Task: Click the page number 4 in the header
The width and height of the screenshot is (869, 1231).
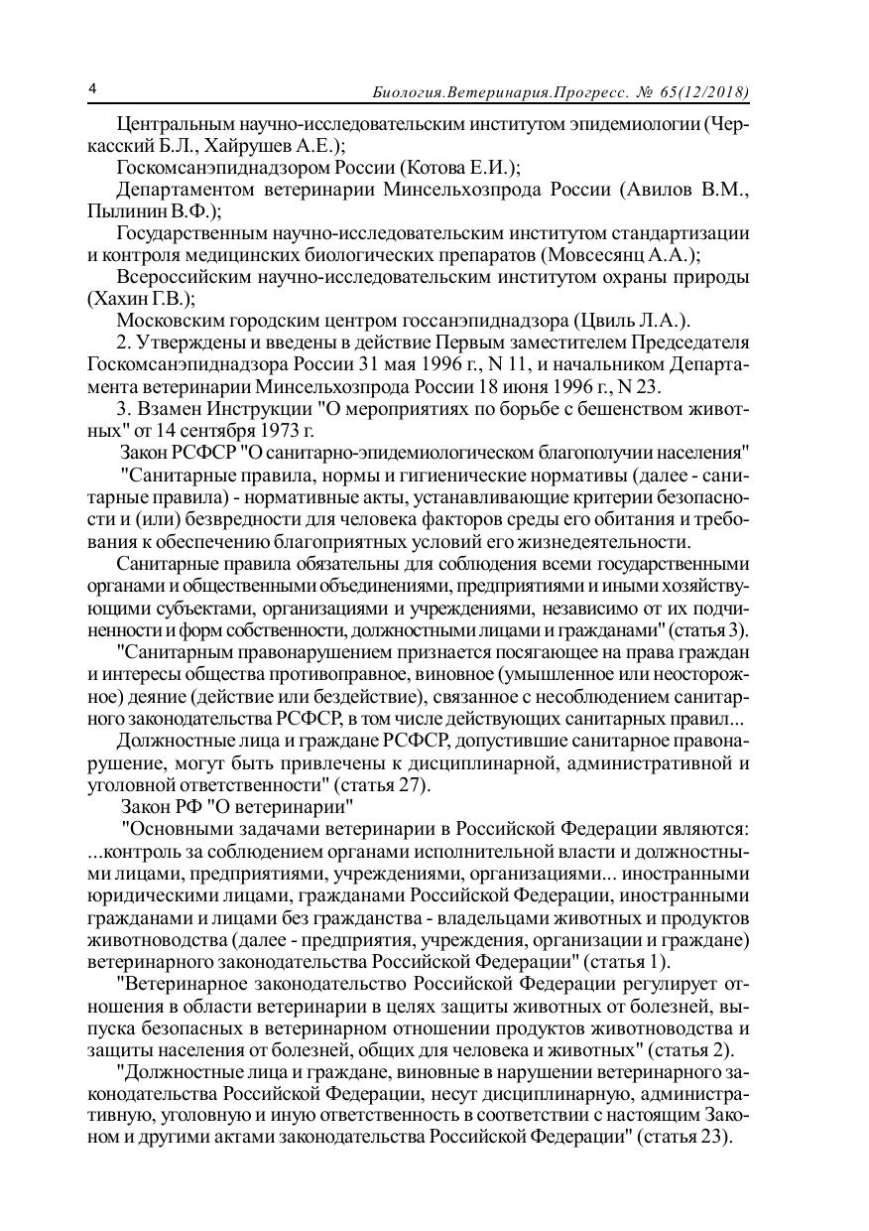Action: pos(92,90)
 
